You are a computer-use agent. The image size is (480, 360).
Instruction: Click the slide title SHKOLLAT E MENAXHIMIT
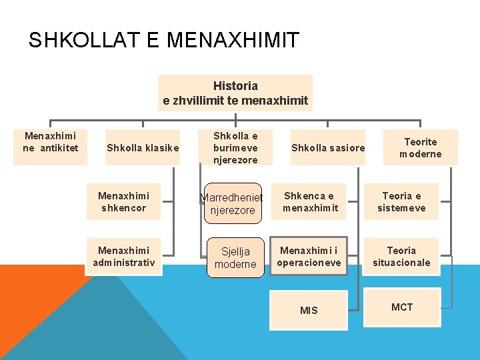coord(164,41)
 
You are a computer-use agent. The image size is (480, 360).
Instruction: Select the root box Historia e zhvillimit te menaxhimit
coord(235,93)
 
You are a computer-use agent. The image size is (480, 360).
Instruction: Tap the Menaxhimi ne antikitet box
coord(50,142)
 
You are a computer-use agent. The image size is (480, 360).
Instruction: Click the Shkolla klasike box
coord(143,147)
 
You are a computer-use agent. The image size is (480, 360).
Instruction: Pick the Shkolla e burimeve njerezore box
coord(235,147)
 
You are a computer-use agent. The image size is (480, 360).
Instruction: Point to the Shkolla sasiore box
coord(328,147)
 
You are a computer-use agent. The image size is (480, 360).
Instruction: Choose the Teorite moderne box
coord(421,147)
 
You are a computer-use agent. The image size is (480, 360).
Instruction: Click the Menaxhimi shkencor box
coord(123,201)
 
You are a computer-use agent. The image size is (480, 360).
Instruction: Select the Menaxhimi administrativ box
coord(124,257)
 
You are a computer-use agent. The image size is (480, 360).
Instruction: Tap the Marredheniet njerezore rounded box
coord(233,204)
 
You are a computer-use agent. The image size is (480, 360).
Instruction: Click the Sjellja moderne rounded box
coord(235,257)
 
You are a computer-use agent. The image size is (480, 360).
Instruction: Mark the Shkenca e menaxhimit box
coord(310,201)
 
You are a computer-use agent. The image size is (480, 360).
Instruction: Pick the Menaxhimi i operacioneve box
coord(309,257)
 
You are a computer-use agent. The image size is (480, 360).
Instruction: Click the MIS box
coord(309,310)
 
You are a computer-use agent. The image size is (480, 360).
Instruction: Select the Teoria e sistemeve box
coord(401,201)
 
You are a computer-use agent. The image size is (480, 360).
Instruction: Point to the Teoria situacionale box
coord(401,257)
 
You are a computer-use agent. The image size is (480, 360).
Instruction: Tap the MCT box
coord(402,307)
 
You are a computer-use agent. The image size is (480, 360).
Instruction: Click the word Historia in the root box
coord(235,86)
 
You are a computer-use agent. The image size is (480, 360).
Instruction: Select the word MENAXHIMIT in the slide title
coord(233,41)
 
